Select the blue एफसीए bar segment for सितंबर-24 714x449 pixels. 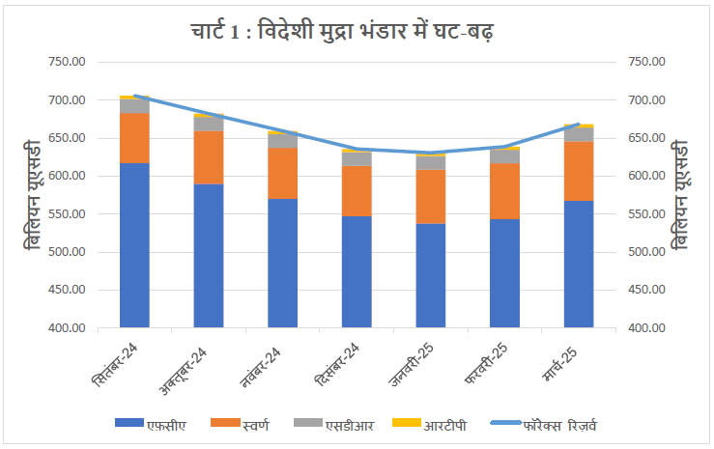point(134,245)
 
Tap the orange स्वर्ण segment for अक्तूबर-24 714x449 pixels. point(209,157)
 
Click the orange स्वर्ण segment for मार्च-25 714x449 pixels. point(579,171)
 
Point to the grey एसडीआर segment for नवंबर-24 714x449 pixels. point(283,141)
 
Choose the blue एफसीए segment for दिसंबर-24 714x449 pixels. point(357,271)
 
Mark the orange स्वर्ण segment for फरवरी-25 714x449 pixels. point(504,191)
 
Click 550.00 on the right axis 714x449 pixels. point(648,214)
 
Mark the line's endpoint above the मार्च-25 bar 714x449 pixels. point(579,125)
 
